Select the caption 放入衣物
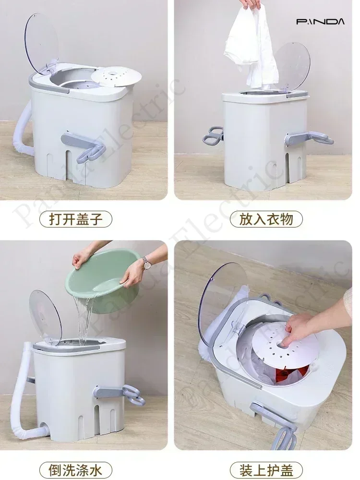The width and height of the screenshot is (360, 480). point(266,219)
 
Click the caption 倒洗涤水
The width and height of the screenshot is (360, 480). point(76,468)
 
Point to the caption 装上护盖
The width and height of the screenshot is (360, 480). point(266,468)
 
